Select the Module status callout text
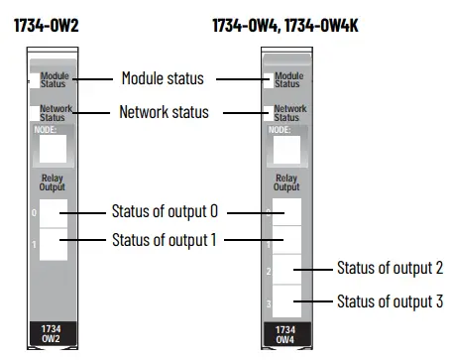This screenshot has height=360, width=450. tap(162, 77)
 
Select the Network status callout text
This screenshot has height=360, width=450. tap(165, 112)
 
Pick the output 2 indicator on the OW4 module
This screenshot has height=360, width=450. tap(285, 269)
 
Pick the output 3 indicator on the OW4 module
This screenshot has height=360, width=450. tap(285, 300)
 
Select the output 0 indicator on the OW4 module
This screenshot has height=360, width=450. tap(285, 212)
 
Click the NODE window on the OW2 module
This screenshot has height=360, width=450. tap(52, 150)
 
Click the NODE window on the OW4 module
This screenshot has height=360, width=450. tap(284, 150)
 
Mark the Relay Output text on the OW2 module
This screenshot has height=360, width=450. tap(52, 181)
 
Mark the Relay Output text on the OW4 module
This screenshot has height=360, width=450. tap(285, 181)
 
